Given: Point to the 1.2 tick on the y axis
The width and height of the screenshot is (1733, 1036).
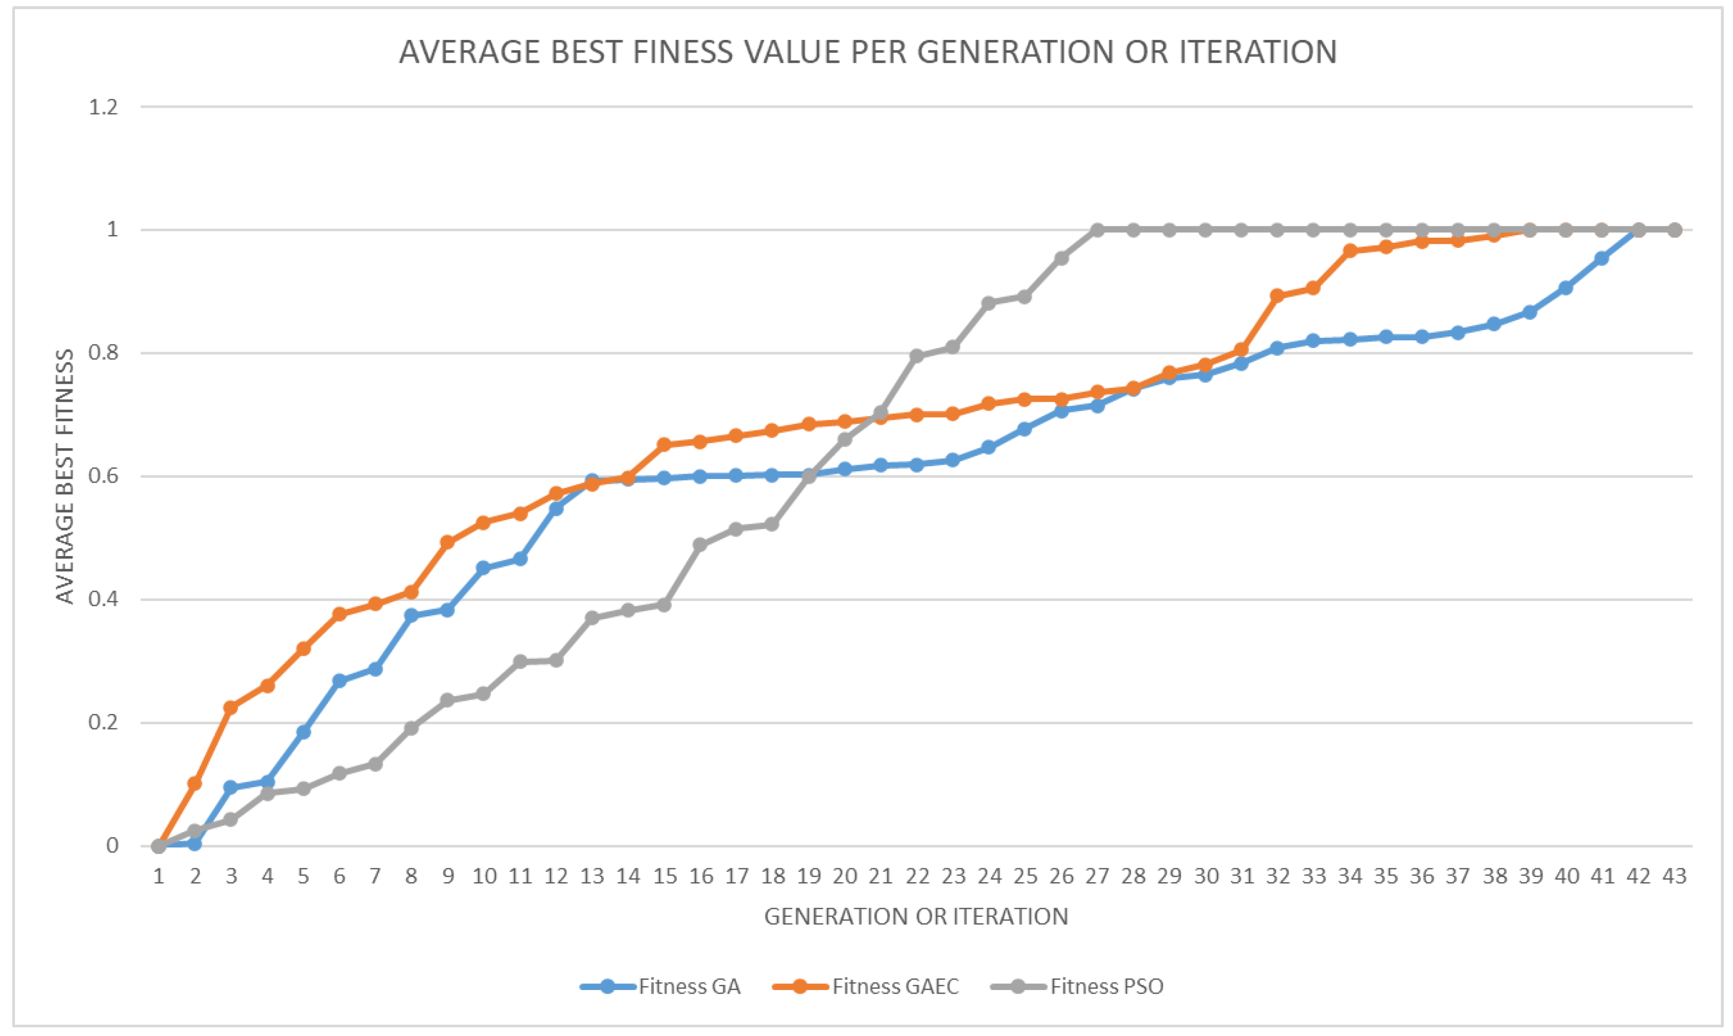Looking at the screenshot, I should tap(103, 107).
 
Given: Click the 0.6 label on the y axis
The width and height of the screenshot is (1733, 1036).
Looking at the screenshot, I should tap(103, 476).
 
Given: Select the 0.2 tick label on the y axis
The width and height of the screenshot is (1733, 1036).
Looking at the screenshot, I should tap(103, 723).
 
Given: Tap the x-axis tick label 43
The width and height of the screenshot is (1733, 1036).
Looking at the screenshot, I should tap(1674, 876).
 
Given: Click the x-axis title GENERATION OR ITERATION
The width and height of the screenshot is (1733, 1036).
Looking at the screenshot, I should tap(916, 916).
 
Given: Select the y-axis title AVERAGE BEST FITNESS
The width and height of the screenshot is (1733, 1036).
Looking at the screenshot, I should tap(65, 476).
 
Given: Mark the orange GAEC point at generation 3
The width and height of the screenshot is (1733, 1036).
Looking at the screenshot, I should tap(231, 708).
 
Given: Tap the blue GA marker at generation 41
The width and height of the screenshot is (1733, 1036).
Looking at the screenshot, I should tap(1602, 258).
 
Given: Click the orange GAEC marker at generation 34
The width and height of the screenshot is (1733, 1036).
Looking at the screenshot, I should tap(1350, 250).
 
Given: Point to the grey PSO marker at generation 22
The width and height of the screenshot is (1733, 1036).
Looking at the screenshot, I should tap(917, 356).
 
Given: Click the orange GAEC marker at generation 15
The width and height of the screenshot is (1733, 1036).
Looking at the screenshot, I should tap(664, 445).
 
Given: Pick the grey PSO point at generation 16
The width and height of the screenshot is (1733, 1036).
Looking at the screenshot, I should tap(700, 544).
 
